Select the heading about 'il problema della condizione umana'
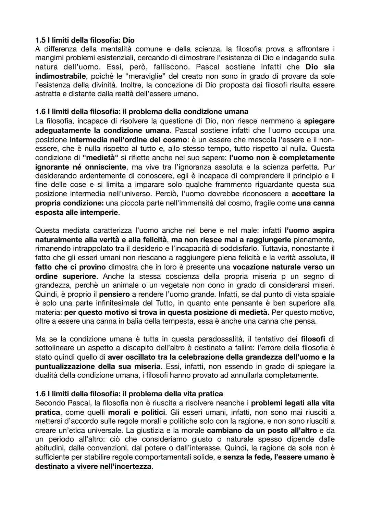pos(142,112)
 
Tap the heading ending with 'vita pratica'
pos(129,394)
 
